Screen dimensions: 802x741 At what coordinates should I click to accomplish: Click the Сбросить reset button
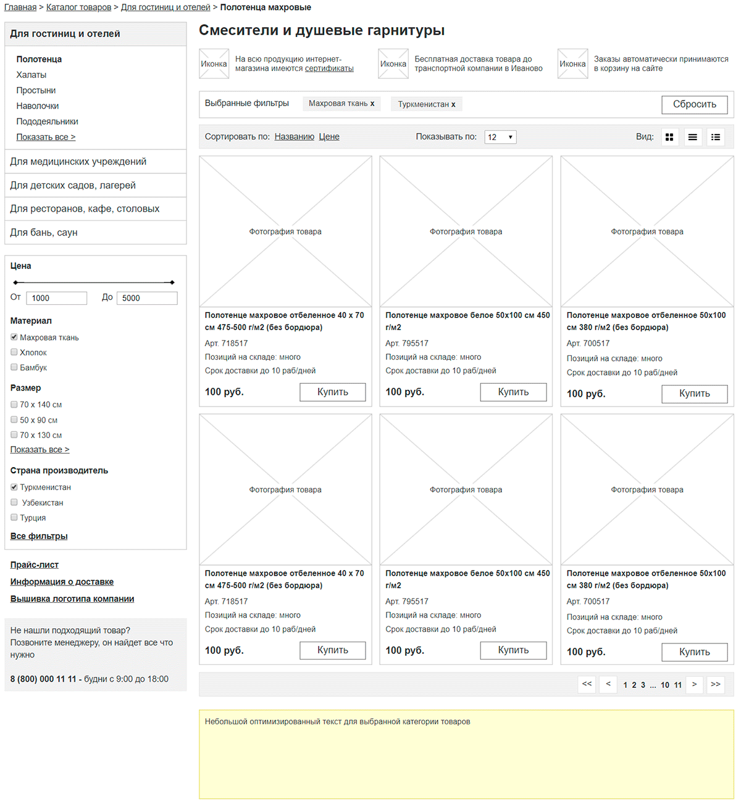tap(694, 105)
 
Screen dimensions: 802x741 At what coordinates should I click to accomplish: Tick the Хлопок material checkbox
tap(14, 352)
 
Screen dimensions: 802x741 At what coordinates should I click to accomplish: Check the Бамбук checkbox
tap(14, 367)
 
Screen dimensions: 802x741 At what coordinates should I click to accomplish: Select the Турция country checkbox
tap(14, 518)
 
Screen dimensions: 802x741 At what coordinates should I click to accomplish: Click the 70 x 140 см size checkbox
tap(14, 405)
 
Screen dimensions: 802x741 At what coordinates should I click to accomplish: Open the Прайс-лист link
tap(35, 564)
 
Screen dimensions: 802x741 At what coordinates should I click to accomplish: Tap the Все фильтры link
tap(39, 536)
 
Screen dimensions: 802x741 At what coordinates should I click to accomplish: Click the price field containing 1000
tap(56, 298)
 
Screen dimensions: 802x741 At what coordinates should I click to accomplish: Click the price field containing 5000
tap(147, 298)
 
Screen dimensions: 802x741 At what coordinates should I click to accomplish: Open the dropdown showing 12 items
tap(500, 137)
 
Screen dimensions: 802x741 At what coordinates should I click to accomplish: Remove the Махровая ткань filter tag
tap(372, 104)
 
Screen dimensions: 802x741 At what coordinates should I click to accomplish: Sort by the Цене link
tap(329, 137)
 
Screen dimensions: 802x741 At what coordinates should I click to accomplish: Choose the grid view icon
tap(669, 137)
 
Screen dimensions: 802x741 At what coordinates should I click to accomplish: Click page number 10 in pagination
tap(664, 685)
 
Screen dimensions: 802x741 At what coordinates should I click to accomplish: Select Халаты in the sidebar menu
tap(31, 75)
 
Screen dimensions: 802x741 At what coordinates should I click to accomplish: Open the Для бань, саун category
tap(44, 233)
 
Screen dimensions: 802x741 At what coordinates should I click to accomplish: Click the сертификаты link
tap(329, 68)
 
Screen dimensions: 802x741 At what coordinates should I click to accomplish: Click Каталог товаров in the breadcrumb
tap(78, 7)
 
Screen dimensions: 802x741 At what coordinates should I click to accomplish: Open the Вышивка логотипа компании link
tap(72, 599)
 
